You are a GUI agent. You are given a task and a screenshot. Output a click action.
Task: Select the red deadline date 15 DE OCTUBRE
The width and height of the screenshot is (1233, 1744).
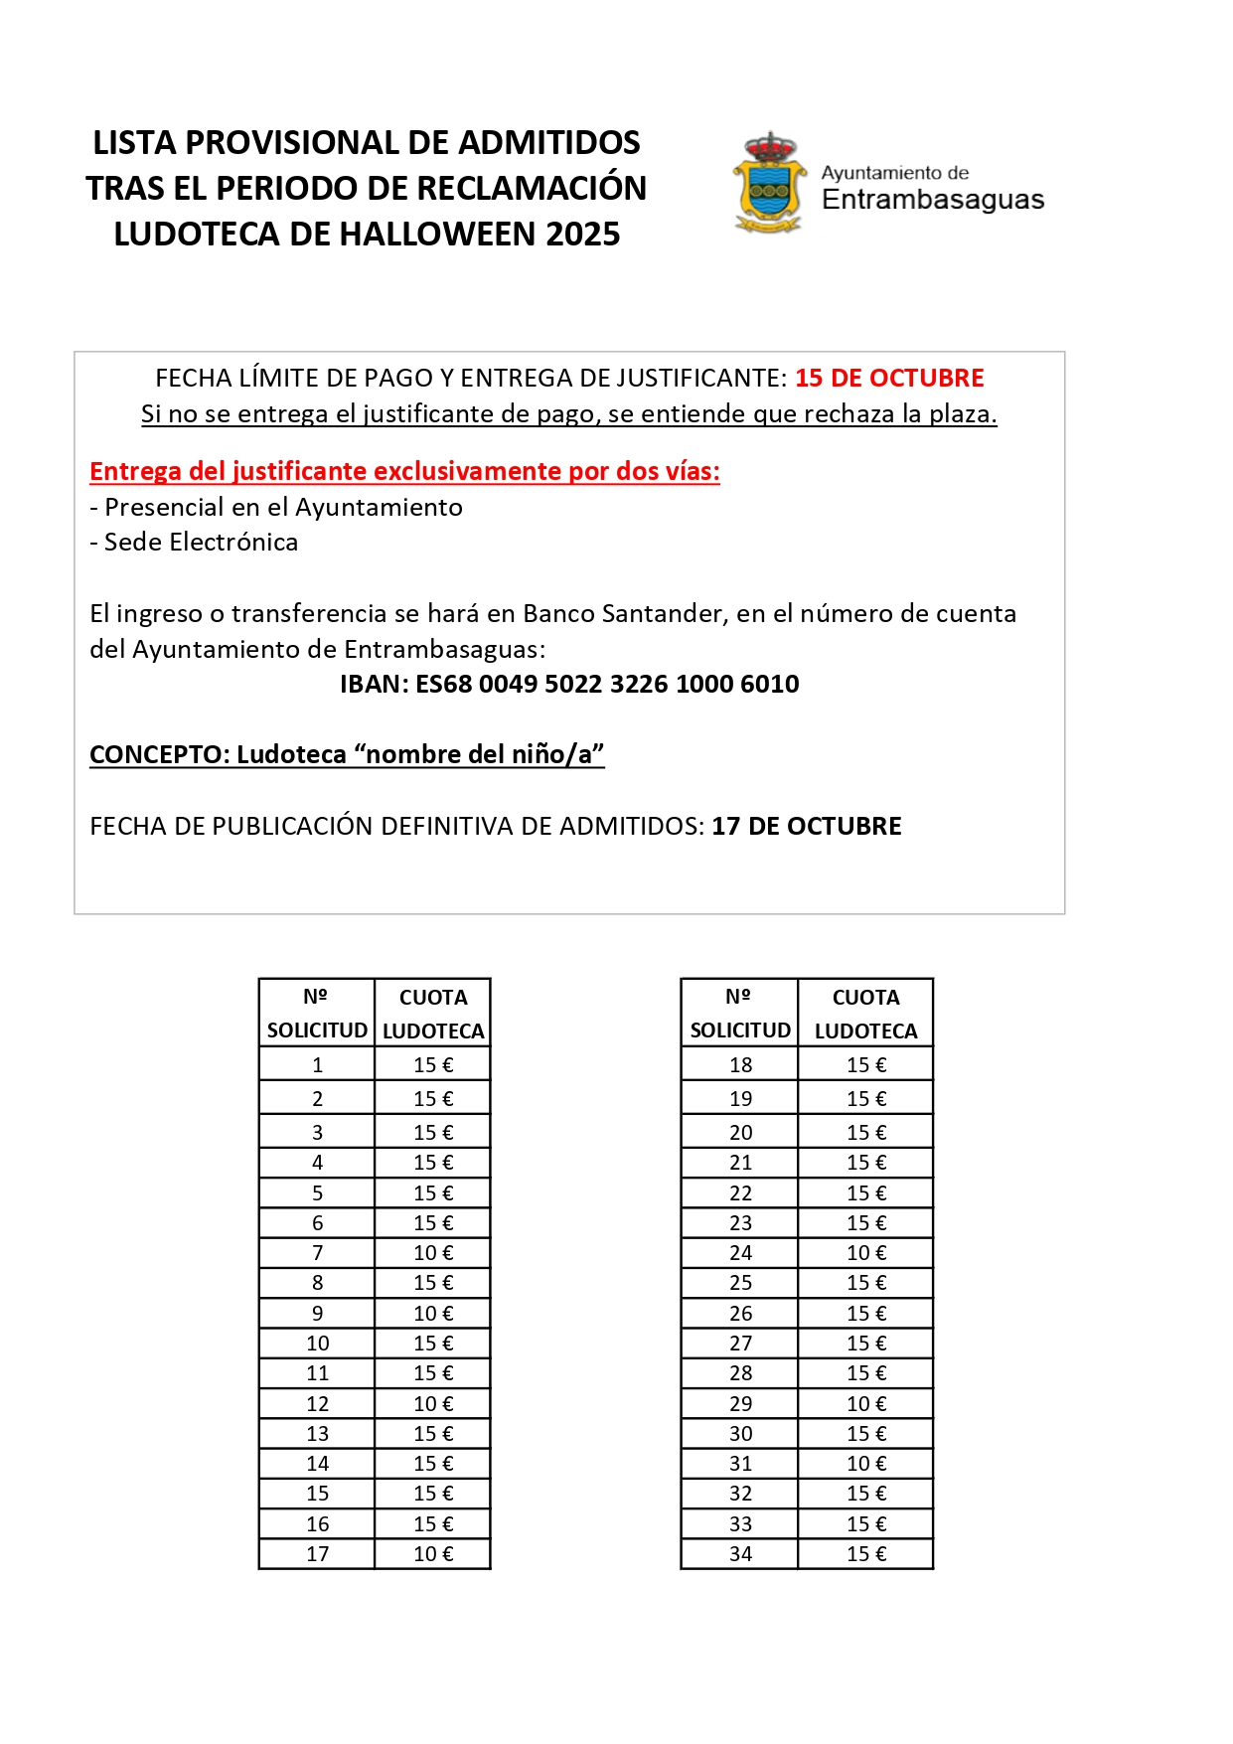pyautogui.click(x=889, y=379)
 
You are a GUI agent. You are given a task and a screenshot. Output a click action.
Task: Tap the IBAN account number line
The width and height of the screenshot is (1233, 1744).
pyautogui.click(x=569, y=685)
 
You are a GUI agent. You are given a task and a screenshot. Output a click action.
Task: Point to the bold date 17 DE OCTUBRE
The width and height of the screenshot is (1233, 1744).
pyautogui.click(x=807, y=827)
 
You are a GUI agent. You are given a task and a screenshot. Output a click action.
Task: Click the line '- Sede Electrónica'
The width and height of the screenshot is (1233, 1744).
pyautogui.click(x=194, y=543)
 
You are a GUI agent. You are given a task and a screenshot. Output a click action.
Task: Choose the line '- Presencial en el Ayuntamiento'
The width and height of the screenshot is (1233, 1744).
pyautogui.click(x=276, y=508)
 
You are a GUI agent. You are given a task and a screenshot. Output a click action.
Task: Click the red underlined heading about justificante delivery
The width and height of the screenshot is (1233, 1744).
pyautogui.click(x=404, y=472)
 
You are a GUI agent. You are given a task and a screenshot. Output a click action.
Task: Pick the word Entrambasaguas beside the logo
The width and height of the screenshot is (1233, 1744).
pyautogui.click(x=933, y=201)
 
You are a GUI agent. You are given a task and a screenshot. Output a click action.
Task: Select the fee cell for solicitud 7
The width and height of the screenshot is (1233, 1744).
pyautogui.click(x=433, y=1253)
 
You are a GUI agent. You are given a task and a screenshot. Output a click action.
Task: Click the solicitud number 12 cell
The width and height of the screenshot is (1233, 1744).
pyautogui.click(x=317, y=1404)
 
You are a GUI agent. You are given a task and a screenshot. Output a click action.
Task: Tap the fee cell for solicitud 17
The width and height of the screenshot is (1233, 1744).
pyautogui.click(x=433, y=1554)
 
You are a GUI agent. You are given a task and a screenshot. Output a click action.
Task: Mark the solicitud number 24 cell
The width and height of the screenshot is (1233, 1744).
pyautogui.click(x=740, y=1253)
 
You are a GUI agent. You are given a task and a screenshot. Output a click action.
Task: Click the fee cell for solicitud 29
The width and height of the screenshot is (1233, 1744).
pyautogui.click(x=865, y=1404)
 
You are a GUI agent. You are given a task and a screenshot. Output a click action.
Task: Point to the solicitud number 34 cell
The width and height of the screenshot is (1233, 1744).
pyautogui.click(x=740, y=1554)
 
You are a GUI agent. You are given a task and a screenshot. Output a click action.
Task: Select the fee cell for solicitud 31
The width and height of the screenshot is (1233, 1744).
pyautogui.click(x=865, y=1464)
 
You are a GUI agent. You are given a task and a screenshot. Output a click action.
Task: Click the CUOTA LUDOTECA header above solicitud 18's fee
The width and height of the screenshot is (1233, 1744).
pyautogui.click(x=865, y=1014)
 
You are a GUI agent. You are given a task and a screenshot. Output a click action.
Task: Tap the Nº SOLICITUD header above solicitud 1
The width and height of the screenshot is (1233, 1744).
pyautogui.click(x=317, y=1014)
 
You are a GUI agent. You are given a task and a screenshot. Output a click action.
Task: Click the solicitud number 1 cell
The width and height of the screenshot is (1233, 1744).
pyautogui.click(x=317, y=1065)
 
